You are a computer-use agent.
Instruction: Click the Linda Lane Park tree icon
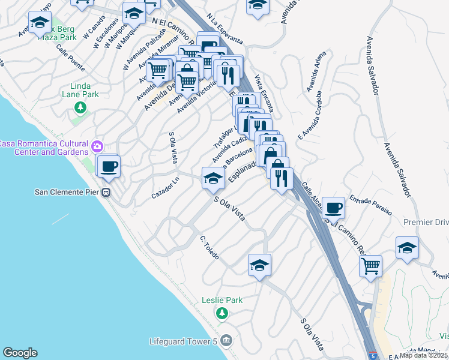point(79,107)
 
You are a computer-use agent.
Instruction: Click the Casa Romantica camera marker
point(97,146)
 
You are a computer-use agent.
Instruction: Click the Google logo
point(20,353)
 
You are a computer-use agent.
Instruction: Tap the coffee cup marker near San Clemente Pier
point(108,166)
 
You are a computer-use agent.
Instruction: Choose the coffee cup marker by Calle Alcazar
point(333,208)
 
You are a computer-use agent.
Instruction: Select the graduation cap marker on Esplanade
point(212,178)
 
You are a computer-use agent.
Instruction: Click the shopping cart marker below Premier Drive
point(371,265)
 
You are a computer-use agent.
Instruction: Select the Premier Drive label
point(426,222)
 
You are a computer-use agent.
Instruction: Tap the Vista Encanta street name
point(265,94)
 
